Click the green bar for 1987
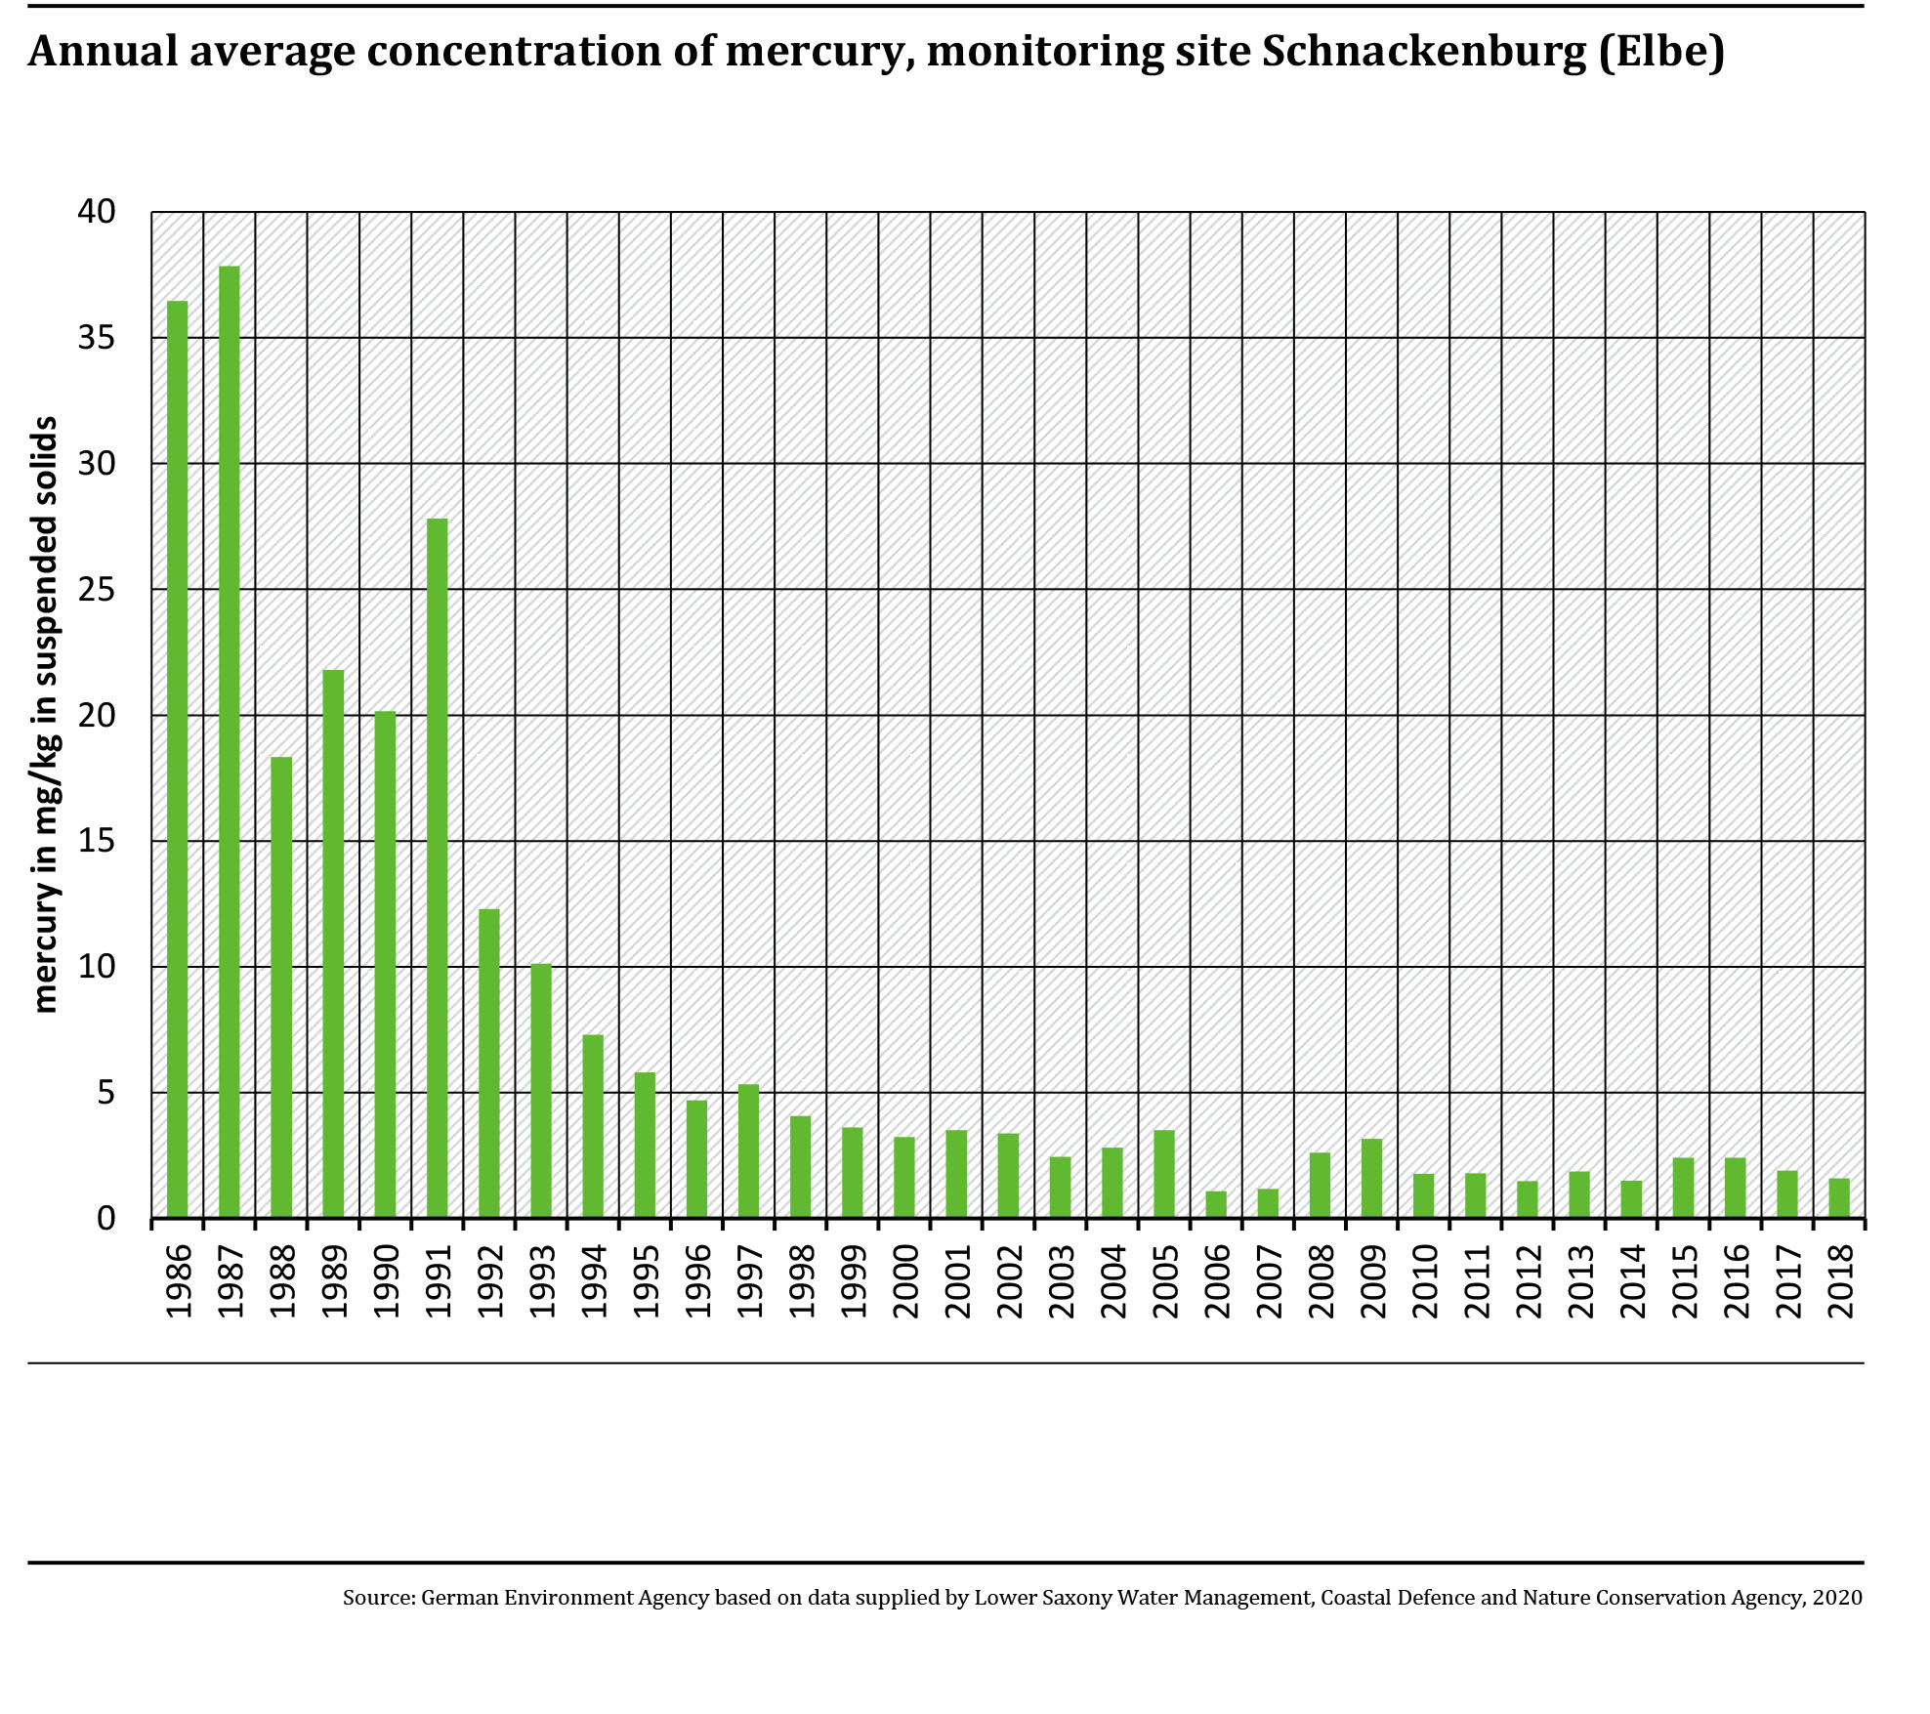point(230,742)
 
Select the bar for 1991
point(438,868)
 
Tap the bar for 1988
point(281,987)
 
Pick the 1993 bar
point(541,1091)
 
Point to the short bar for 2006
point(1216,1205)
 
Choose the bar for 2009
point(1371,1179)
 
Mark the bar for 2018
point(1839,1198)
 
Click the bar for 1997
point(749,1151)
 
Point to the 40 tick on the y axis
point(97,211)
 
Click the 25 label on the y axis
point(97,590)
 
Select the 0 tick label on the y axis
point(105,1219)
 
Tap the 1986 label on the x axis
point(179,1280)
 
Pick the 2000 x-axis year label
point(905,1280)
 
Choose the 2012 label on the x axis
point(1529,1280)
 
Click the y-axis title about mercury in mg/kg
point(45,715)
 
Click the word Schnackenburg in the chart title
point(1424,52)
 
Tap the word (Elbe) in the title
point(1661,52)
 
